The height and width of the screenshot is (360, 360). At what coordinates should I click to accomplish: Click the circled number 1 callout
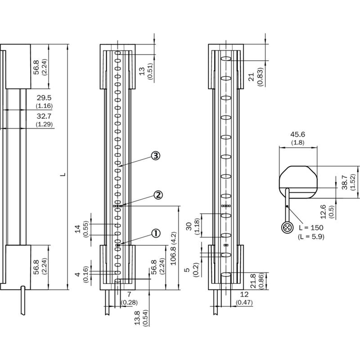click(156, 234)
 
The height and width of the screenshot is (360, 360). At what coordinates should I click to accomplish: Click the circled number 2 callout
click(158, 195)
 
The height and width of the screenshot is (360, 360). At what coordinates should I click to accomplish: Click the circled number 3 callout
click(156, 156)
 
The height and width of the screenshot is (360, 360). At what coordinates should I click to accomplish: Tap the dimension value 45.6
click(298, 134)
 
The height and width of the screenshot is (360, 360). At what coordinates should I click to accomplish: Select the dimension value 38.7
click(345, 182)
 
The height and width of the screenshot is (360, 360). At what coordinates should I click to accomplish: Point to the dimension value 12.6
click(323, 211)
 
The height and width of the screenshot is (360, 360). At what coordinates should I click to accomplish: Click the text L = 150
click(311, 228)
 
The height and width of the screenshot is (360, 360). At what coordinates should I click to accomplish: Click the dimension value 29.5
click(44, 98)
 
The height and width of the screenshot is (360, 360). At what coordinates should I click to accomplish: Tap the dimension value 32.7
click(44, 116)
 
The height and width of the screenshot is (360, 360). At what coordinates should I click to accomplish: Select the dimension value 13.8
click(137, 318)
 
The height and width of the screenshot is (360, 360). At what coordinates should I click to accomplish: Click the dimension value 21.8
click(253, 281)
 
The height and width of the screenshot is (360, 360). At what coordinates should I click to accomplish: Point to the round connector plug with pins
click(288, 228)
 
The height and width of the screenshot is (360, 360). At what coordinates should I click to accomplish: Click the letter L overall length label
click(63, 174)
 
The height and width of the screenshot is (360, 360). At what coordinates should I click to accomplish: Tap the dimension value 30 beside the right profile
click(189, 226)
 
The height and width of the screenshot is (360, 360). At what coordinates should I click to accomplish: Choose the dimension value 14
click(78, 229)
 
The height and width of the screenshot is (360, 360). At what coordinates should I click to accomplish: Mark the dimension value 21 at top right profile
click(252, 76)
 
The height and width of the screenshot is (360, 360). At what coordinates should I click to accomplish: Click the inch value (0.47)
click(244, 302)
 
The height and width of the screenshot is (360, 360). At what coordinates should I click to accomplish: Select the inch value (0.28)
click(129, 302)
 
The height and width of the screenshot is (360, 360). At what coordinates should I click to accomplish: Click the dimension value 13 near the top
click(142, 71)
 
